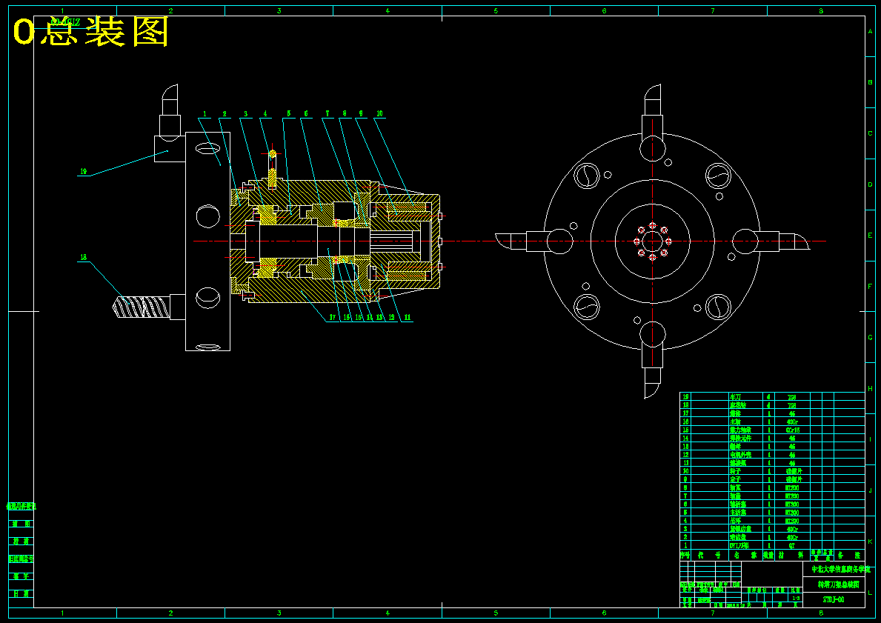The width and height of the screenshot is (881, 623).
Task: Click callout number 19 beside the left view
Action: pos(84,172)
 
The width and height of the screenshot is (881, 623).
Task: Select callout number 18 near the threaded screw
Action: pos(83,258)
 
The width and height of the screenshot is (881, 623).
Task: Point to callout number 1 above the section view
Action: pos(204,114)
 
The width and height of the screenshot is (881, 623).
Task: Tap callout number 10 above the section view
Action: pos(379,114)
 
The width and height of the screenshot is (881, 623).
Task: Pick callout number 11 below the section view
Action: pos(407,317)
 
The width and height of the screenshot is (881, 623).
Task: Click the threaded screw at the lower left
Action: pos(141,306)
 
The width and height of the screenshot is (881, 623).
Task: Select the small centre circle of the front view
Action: pos(652,241)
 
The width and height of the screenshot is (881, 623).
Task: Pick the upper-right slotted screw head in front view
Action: pos(717,176)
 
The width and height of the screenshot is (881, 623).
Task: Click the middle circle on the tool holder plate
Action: pos(207,216)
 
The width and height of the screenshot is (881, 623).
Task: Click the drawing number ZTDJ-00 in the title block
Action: pos(834,599)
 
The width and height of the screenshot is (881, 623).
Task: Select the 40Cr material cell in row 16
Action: pos(791,422)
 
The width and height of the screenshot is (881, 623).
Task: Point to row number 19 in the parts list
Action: pos(685,397)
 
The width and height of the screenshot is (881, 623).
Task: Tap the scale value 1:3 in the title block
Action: pos(797,598)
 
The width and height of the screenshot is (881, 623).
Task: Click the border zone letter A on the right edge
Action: pos(871,32)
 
